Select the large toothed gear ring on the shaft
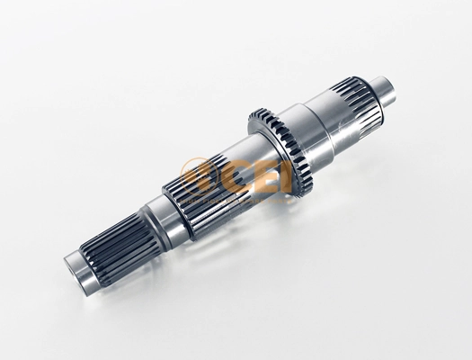[x=281, y=151]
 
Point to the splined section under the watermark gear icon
[x=197, y=196]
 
